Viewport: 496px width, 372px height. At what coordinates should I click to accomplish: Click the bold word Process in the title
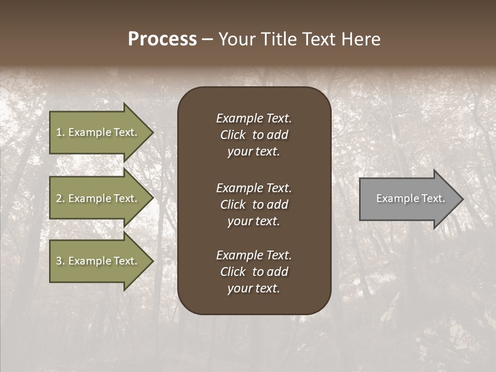pos(162,39)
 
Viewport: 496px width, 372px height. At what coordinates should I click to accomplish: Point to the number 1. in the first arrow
pos(60,132)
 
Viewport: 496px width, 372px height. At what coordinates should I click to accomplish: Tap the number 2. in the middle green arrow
pos(60,198)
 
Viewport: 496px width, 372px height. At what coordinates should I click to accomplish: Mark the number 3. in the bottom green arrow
pos(60,261)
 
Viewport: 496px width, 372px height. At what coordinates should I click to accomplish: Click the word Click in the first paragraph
pos(233,135)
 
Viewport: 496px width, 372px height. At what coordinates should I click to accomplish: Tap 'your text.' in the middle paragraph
pos(254,221)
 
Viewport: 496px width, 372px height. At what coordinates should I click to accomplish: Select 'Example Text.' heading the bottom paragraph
pos(254,255)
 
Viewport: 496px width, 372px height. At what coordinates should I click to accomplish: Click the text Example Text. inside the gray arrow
pos(411,198)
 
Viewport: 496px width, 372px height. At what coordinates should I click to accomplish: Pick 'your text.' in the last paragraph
pos(254,289)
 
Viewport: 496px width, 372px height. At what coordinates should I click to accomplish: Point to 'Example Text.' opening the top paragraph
pos(254,118)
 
